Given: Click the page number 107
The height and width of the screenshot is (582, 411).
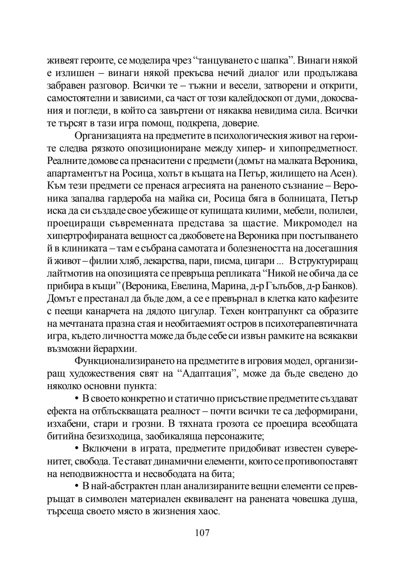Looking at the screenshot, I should pyautogui.click(x=202, y=533).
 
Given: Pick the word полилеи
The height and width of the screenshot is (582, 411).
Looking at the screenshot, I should pyautogui.click(x=338, y=211).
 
